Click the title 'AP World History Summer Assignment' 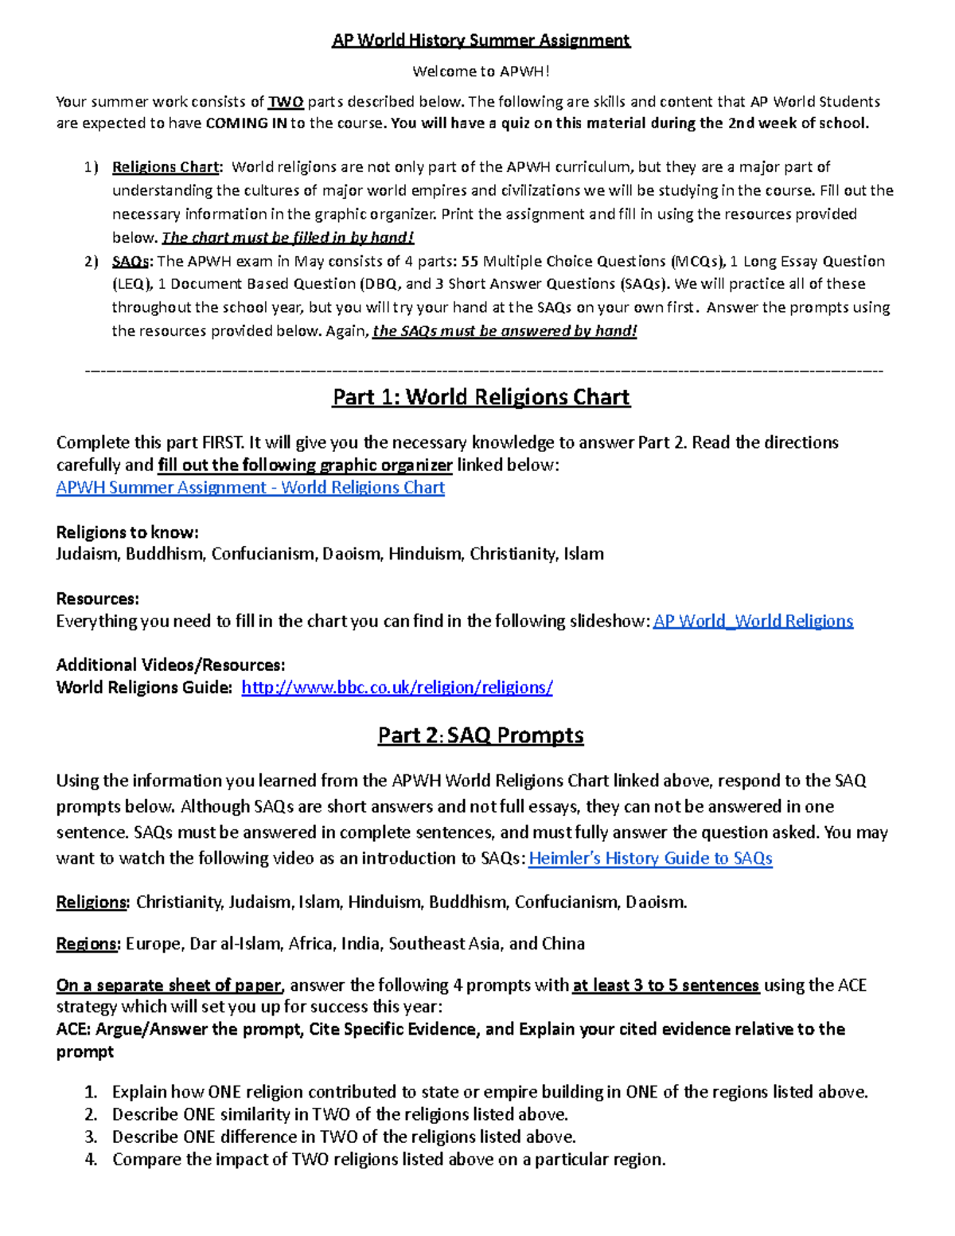pos(481,41)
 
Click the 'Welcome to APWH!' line pos(481,72)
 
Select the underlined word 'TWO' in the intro pos(286,102)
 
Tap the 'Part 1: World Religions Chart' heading pos(481,397)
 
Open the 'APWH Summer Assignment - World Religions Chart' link pos(250,488)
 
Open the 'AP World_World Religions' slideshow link pos(753,621)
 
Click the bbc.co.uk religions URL pos(396,688)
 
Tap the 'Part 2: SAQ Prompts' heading pos(481,735)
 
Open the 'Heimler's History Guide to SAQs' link pos(650,859)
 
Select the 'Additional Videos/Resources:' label pos(170,665)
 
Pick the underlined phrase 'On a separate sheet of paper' pos(169,985)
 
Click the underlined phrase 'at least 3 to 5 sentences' pos(665,985)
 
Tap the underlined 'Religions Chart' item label pos(166,167)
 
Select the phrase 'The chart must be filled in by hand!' pos(288,238)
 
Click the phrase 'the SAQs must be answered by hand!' pos(505,331)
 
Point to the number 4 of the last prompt pos(91,1160)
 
